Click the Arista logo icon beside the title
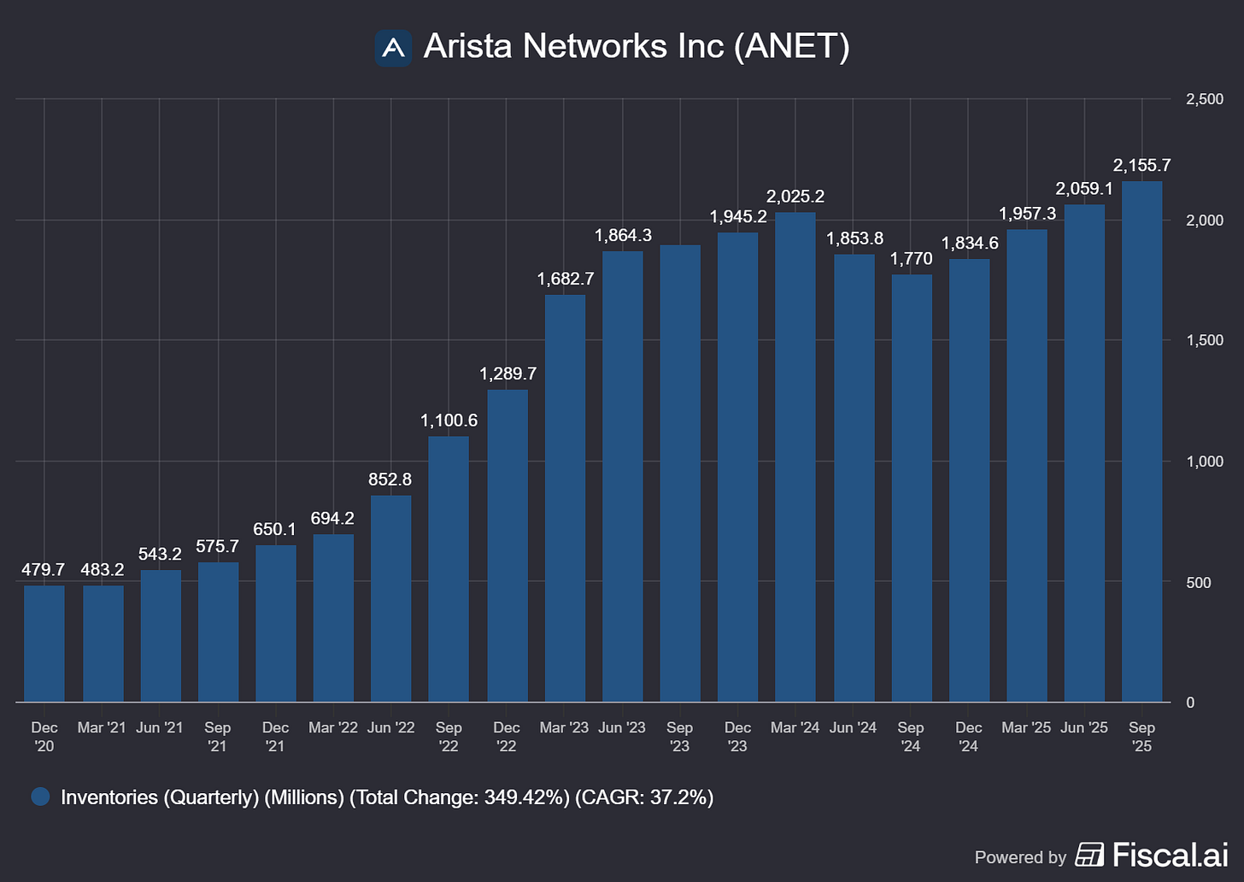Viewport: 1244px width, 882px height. [393, 48]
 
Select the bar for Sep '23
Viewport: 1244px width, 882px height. [680, 473]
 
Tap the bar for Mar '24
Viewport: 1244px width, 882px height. [795, 457]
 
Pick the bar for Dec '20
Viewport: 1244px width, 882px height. [44, 644]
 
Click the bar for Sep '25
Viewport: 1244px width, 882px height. [1141, 441]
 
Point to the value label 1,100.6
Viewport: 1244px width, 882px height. [449, 420]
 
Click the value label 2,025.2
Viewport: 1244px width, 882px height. [795, 197]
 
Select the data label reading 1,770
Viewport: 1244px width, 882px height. [912, 259]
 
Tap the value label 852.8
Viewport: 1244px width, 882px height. [390, 479]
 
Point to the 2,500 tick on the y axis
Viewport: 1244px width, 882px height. [1205, 99]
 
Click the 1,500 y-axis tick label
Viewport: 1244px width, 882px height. [1205, 340]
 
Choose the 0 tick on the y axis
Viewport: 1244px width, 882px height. [1192, 703]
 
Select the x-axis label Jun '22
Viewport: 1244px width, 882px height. [390, 727]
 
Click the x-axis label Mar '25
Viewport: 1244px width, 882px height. [1026, 727]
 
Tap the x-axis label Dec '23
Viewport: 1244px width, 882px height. [737, 736]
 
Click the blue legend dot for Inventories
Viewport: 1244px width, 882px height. [40, 797]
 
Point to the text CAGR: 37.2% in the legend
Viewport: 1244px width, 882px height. [643, 797]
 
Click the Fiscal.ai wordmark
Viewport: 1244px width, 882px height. [1170, 855]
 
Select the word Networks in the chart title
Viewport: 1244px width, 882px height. [595, 46]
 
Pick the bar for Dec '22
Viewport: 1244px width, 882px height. [508, 546]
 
